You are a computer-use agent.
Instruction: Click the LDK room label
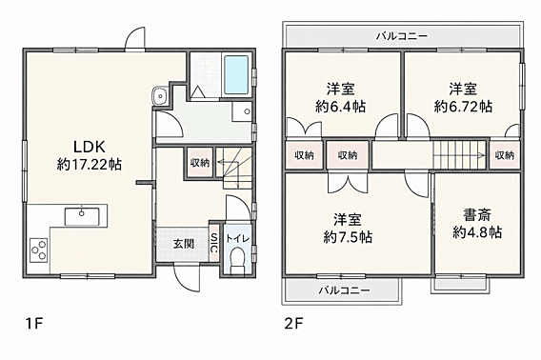(x=90, y=147)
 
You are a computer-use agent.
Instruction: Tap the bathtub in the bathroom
(x=236, y=74)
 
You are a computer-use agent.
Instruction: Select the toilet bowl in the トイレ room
(x=237, y=260)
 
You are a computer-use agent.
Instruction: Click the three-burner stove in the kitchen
(x=38, y=250)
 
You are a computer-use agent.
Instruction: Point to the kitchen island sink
(x=82, y=216)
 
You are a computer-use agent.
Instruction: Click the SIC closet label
(x=214, y=244)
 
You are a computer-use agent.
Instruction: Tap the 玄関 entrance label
(x=183, y=244)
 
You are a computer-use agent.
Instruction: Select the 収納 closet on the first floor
(x=200, y=162)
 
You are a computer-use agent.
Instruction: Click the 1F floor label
(x=33, y=324)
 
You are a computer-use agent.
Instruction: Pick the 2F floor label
(x=293, y=324)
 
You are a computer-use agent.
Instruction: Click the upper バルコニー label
(x=402, y=36)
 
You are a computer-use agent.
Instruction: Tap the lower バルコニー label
(x=344, y=290)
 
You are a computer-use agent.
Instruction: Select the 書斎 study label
(x=477, y=216)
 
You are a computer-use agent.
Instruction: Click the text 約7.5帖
(x=348, y=237)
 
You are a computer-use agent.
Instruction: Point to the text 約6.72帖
(x=463, y=107)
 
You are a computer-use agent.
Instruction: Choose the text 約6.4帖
(x=341, y=107)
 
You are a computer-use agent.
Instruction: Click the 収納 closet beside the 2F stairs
(x=505, y=155)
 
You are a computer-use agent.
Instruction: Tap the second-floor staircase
(x=460, y=155)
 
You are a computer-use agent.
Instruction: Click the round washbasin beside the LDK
(x=160, y=95)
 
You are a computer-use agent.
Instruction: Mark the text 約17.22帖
(x=90, y=165)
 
